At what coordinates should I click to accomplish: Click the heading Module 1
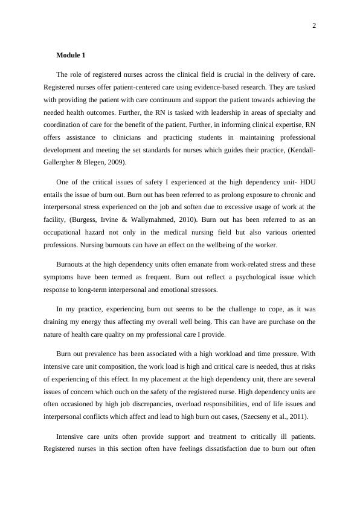(x=71, y=55)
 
